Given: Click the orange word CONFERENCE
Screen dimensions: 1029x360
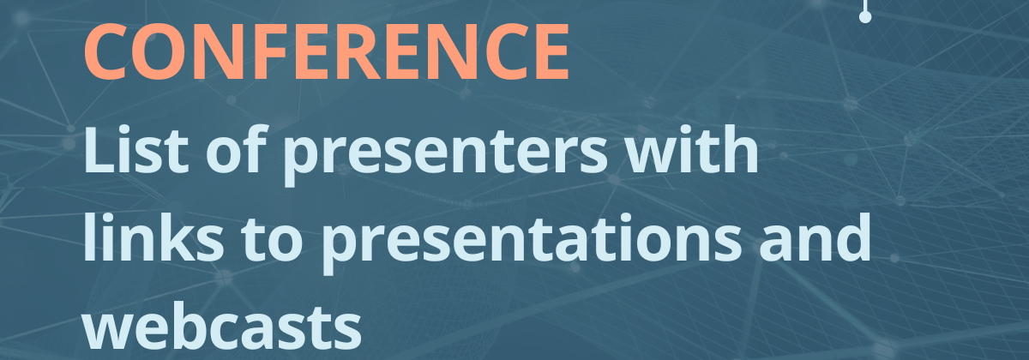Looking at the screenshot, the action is (x=327, y=51).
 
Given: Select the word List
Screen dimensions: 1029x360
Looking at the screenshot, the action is (x=136, y=149).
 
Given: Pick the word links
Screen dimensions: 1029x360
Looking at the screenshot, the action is (x=153, y=237).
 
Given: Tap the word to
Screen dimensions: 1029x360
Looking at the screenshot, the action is (x=272, y=240).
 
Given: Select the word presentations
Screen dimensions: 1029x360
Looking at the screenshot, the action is (x=531, y=243).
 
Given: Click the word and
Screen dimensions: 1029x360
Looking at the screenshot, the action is (x=815, y=237).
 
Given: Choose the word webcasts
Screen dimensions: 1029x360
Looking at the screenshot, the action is (x=222, y=325).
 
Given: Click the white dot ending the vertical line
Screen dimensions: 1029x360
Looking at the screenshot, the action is (x=865, y=17).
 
